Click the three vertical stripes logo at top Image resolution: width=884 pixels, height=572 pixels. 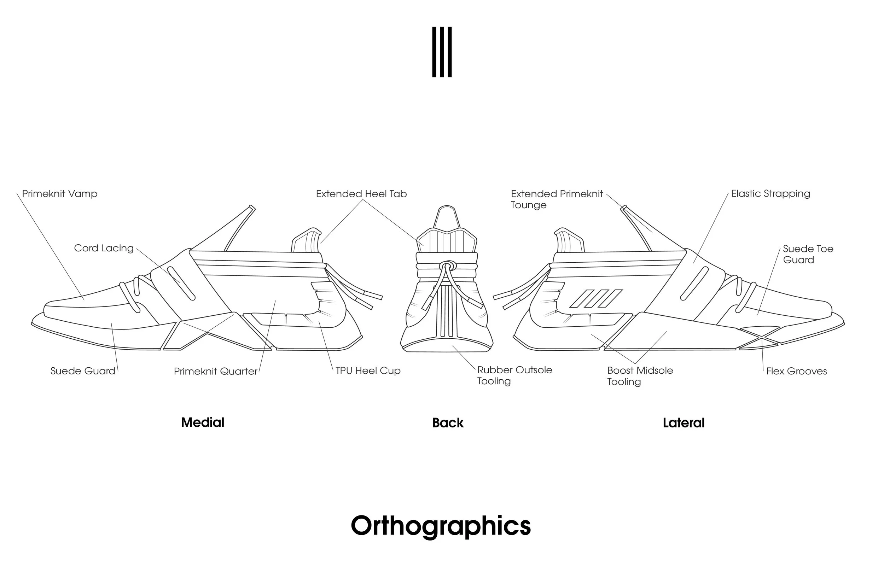tap(442, 52)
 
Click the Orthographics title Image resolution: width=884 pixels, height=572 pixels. tap(441, 526)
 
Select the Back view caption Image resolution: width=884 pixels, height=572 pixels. tap(448, 423)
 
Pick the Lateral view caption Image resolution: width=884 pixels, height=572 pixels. tap(684, 423)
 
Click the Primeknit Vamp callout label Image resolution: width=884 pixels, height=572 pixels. tap(60, 193)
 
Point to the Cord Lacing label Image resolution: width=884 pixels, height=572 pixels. tap(104, 248)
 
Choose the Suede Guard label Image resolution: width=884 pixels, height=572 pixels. tap(83, 371)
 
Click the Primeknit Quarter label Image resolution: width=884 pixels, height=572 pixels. tap(215, 371)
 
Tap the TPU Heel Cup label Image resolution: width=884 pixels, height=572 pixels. tap(368, 371)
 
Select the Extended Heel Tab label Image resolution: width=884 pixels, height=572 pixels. tap(361, 194)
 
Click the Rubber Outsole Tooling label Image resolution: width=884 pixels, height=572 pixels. tap(514, 375)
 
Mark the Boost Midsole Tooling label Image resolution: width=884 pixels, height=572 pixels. tap(640, 376)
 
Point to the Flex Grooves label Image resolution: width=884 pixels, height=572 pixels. tap(796, 371)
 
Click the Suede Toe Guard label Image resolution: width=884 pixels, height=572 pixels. tap(808, 254)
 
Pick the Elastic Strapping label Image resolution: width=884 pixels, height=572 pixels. tap(771, 193)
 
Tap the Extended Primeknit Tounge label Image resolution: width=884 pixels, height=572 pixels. tap(557, 199)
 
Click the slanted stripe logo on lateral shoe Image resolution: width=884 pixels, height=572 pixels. tap(596, 299)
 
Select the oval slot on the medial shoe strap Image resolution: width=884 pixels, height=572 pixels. tap(181, 283)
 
